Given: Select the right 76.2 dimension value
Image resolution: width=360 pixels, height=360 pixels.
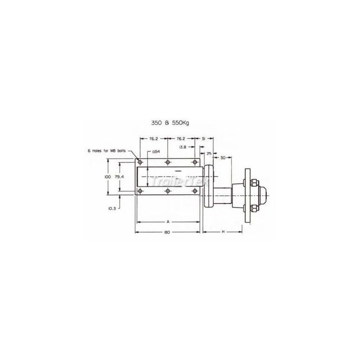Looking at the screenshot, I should click(x=181, y=138).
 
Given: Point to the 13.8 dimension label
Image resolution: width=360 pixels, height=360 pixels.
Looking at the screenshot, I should click(x=183, y=147).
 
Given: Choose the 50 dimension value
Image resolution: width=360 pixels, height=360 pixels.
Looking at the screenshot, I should click(x=223, y=157).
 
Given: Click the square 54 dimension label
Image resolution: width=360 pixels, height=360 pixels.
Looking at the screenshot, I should click(x=155, y=152).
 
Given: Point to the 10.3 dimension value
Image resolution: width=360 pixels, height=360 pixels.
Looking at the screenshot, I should click(x=112, y=208).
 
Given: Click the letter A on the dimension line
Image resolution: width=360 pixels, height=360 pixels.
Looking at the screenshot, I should click(x=168, y=222).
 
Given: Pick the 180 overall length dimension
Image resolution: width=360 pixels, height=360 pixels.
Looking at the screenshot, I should click(x=168, y=232).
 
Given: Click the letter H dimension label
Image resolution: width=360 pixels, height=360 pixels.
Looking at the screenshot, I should click(x=223, y=232).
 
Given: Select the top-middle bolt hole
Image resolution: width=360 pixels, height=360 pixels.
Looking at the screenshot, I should click(x=168, y=162).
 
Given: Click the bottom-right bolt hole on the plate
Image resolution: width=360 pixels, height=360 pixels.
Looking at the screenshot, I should click(x=195, y=191).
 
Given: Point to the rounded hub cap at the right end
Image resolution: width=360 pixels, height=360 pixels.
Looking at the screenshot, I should click(x=263, y=196).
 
